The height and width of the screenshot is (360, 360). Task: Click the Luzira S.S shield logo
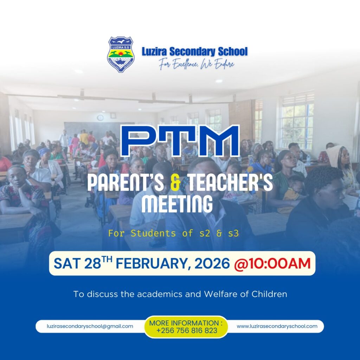(121, 54)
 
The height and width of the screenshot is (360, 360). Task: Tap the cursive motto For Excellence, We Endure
(197, 64)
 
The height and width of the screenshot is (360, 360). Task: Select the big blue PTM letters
(180, 141)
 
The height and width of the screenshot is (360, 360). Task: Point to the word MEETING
(177, 204)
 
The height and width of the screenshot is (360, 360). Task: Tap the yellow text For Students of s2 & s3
(174, 233)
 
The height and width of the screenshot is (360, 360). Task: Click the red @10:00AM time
(272, 263)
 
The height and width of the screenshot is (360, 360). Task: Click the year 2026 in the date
(212, 263)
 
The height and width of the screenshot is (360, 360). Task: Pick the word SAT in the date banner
(67, 263)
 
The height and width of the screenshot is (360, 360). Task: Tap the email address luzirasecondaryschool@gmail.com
(90, 326)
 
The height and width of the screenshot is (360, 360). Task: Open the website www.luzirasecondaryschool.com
(277, 326)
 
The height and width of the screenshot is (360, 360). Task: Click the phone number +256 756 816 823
(187, 330)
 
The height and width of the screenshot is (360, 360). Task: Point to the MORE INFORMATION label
(186, 323)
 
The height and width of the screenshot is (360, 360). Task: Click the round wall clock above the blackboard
(100, 118)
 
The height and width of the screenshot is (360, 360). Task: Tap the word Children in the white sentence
(269, 294)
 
